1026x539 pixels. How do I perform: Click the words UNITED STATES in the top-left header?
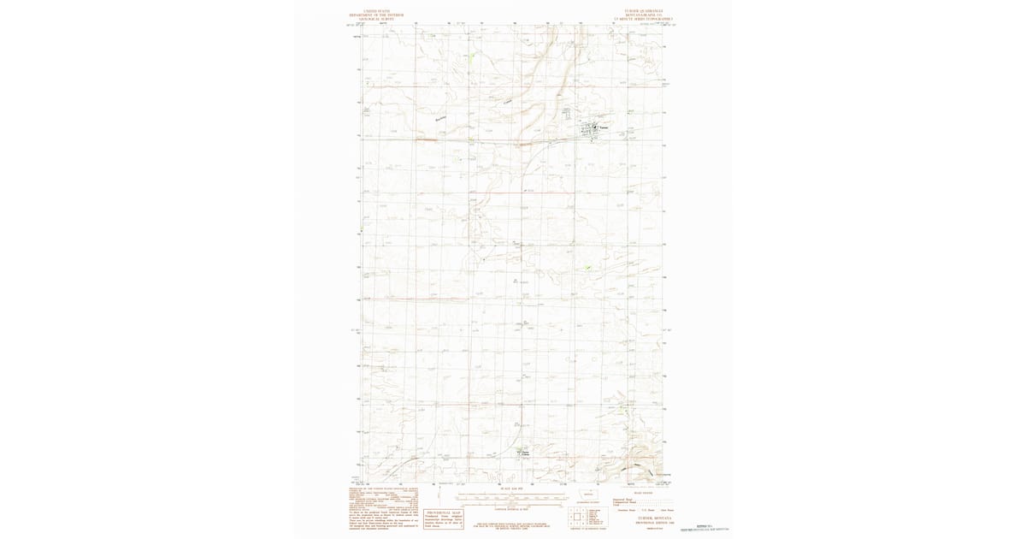(x=376, y=11)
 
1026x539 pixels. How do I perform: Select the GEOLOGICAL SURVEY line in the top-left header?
(x=376, y=19)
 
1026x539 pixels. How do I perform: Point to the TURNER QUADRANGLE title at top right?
(x=644, y=11)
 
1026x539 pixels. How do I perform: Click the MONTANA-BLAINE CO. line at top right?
(x=644, y=15)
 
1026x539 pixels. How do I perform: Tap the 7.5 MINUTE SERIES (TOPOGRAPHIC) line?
(x=644, y=19)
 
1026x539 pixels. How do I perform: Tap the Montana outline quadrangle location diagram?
(x=587, y=495)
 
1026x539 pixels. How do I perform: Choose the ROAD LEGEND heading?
(x=642, y=493)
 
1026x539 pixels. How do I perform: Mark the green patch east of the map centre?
(x=587, y=269)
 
